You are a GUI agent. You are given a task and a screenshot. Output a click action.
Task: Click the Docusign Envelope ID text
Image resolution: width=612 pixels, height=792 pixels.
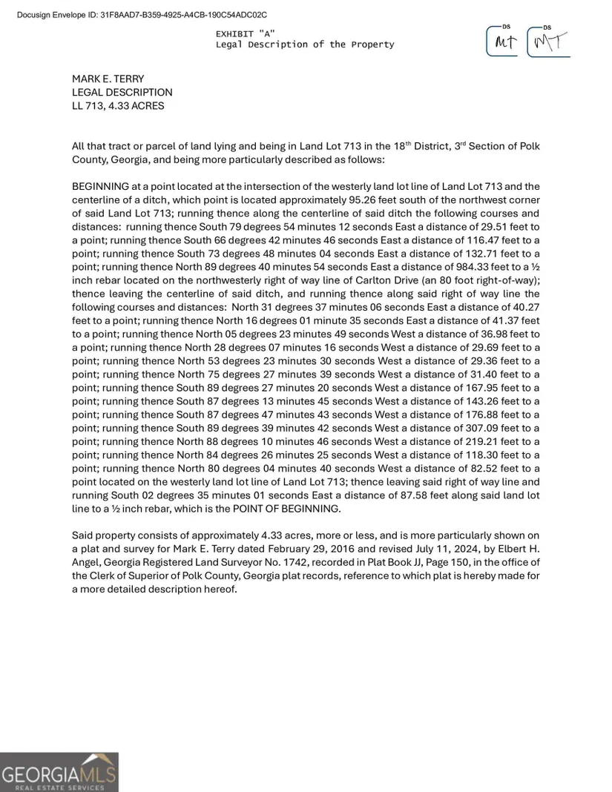point(141,15)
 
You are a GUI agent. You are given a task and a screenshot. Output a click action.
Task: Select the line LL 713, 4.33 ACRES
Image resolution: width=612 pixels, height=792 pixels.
point(118,105)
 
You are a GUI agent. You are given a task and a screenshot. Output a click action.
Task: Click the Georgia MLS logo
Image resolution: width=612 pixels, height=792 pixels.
point(59,772)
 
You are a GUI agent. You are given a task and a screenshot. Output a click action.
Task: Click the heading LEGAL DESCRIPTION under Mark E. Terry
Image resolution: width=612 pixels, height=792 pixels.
point(122,92)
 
